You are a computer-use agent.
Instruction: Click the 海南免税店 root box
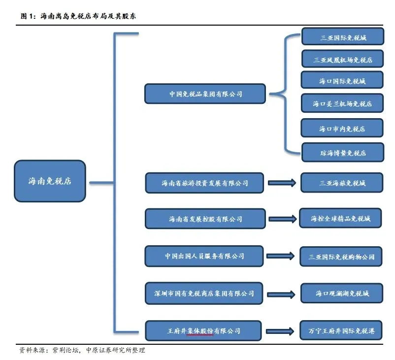(50, 181)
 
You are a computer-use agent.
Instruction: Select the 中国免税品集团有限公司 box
(205, 94)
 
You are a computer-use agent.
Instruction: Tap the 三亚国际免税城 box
(342, 37)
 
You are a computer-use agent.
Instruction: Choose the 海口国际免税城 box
(342, 81)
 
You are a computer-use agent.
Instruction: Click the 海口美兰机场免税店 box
(342, 104)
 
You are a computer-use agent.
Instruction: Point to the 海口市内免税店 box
(342, 129)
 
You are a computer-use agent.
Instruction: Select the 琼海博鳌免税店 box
(342, 153)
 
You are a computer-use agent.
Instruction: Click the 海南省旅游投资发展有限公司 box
(205, 183)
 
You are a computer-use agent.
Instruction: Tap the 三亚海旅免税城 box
(342, 183)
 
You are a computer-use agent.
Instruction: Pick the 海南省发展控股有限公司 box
(205, 219)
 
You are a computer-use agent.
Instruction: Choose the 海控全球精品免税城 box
(341, 218)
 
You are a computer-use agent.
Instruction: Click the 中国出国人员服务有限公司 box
(205, 256)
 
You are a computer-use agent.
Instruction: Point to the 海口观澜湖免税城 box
(342, 294)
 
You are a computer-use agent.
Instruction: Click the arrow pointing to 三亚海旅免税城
(282, 183)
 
